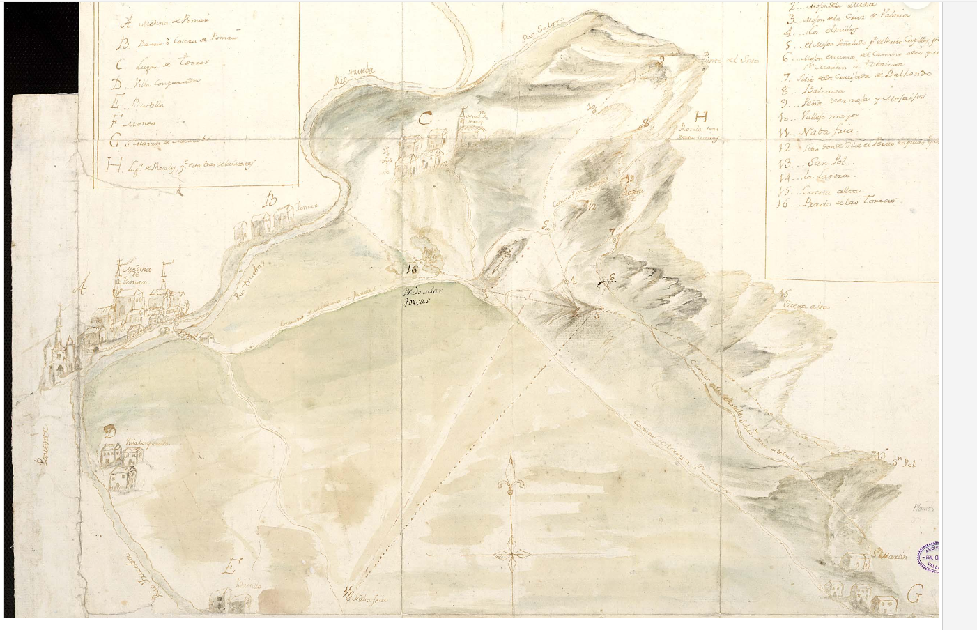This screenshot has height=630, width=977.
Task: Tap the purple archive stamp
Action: [x=930, y=556]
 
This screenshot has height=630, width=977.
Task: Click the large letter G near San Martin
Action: [x=914, y=594]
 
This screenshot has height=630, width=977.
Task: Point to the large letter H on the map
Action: [x=700, y=116]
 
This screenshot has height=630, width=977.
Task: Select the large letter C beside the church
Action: [x=424, y=119]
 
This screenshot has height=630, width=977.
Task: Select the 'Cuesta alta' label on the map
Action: [x=806, y=305]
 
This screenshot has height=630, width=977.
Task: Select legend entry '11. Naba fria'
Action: [x=818, y=131]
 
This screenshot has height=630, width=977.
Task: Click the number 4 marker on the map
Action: [x=572, y=281]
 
